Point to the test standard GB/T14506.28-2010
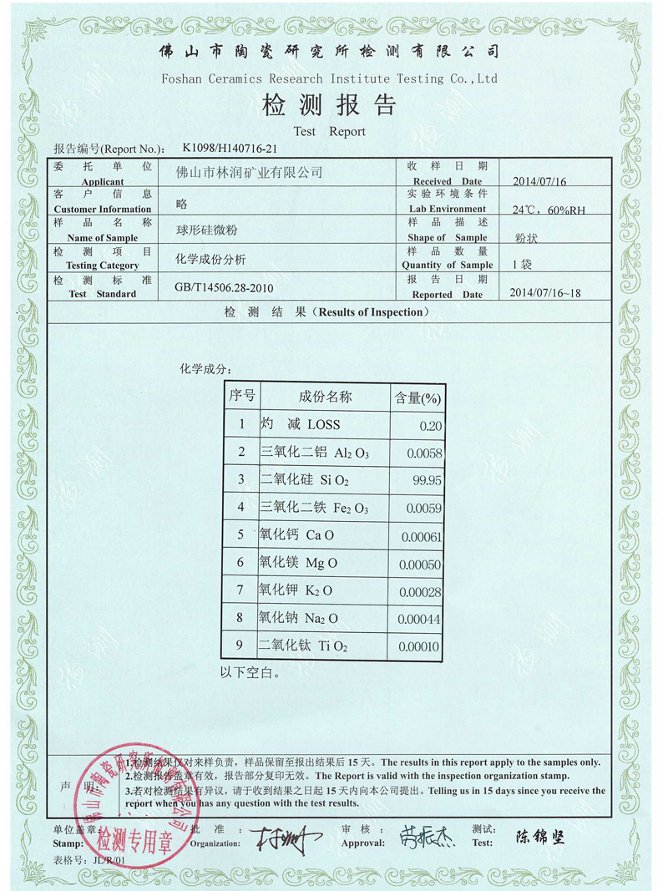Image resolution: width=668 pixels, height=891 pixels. tap(223, 287)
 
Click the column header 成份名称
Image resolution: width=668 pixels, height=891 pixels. tap(326, 396)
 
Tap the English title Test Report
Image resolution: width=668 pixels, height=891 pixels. tap(329, 131)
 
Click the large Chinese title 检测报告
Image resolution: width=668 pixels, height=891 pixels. tap(329, 106)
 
